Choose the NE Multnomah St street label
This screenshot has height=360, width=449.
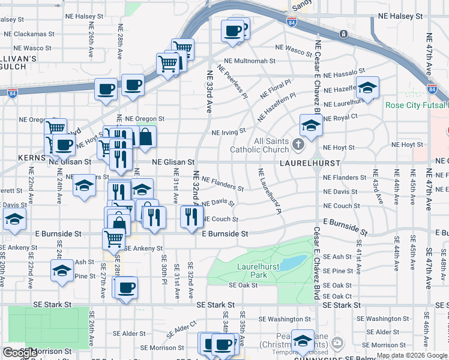tap(250, 61)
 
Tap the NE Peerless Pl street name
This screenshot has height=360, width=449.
tap(233, 83)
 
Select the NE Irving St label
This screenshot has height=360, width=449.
tap(229, 131)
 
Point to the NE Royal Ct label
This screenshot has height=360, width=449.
tap(340, 118)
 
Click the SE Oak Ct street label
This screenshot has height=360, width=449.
tap(337, 296)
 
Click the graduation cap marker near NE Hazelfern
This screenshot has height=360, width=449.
tap(367, 88)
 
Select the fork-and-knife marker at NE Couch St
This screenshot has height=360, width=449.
tap(191, 217)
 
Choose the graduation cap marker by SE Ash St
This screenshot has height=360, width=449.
tap(62, 271)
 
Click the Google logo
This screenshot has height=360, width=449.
tap(20, 353)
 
